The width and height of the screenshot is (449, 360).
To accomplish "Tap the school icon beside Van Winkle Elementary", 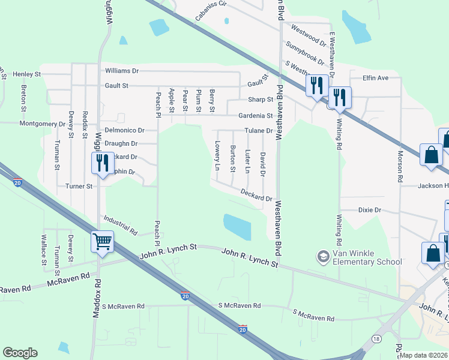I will [x=323, y=257].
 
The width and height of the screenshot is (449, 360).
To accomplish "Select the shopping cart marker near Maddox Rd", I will [x=102, y=242].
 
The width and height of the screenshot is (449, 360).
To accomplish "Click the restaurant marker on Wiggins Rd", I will [x=101, y=162].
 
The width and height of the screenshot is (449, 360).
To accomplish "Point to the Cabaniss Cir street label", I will [x=212, y=11].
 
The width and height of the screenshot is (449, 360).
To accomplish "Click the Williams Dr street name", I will [x=121, y=71].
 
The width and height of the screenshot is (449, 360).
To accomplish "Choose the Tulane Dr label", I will [x=258, y=131].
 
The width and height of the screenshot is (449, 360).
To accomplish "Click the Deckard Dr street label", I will [x=256, y=194].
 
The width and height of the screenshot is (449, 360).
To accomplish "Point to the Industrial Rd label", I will [x=121, y=225].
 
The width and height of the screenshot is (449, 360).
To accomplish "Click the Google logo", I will [x=20, y=353].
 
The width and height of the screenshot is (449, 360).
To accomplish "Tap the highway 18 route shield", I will [x=376, y=339].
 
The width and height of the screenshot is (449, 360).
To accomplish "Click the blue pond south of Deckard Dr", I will [x=237, y=227].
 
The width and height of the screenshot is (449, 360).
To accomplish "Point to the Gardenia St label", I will [x=256, y=115].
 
